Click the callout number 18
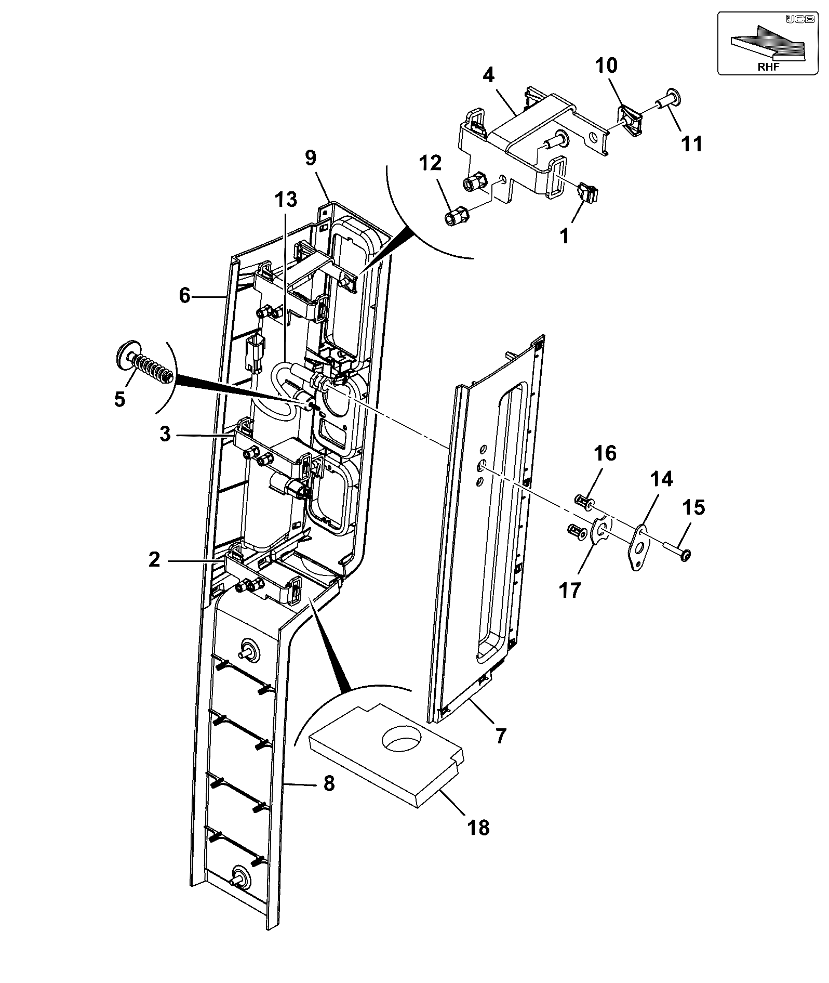point(478,826)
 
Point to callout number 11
point(691,143)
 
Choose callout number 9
point(310,158)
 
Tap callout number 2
point(154,560)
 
